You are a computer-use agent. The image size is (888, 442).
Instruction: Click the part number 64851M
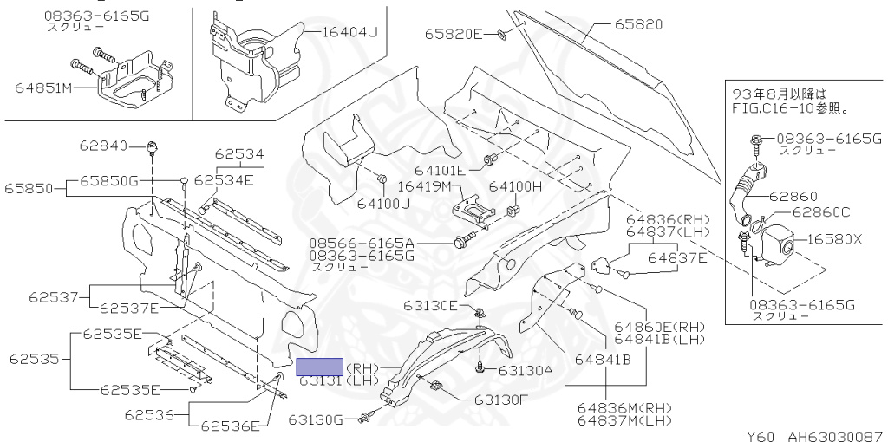[43, 88]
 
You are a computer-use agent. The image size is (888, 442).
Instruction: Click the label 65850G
[109, 179]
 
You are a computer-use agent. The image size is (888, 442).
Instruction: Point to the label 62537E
[129, 307]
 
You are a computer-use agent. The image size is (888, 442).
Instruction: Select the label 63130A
[526, 370]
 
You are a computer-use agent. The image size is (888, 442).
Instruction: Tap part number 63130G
[317, 420]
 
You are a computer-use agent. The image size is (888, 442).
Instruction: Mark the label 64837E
[681, 257]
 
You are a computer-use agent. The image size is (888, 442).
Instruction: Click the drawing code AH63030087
[835, 436]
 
